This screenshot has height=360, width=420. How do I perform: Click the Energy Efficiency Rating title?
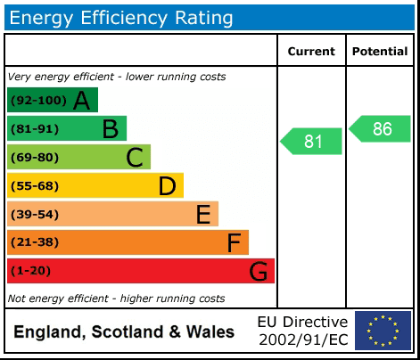(x=121, y=17)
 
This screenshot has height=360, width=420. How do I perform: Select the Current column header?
(x=311, y=52)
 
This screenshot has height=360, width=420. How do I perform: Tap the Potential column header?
(x=380, y=52)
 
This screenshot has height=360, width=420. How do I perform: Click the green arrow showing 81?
(x=312, y=141)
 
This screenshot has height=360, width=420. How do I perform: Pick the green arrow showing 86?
(x=381, y=128)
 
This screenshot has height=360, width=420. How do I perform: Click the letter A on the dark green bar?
(x=82, y=101)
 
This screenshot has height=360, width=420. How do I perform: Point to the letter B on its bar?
(x=110, y=129)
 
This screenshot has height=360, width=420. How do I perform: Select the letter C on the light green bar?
(x=135, y=158)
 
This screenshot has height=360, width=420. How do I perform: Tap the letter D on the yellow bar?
(x=167, y=186)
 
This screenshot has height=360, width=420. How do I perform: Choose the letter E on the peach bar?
(x=203, y=215)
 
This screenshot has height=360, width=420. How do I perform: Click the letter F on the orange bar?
(x=234, y=242)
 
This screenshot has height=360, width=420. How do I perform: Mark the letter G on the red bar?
(x=258, y=271)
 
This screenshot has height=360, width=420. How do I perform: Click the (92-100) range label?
(x=37, y=101)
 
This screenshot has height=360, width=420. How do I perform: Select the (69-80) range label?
(x=34, y=158)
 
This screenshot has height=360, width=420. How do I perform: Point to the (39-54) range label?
(x=34, y=215)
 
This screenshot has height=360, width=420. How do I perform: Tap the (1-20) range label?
(x=31, y=271)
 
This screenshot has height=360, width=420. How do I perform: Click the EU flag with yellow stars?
(x=383, y=331)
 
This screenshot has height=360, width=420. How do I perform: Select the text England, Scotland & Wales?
(x=124, y=332)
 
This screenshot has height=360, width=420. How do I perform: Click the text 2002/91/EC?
(x=302, y=340)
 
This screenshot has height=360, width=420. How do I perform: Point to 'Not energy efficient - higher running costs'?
(x=116, y=299)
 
